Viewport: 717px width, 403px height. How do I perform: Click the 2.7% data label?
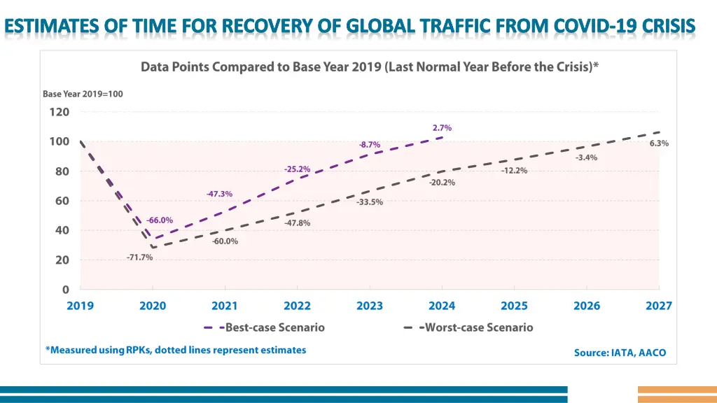[442, 128]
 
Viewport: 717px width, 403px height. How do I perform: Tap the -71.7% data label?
[139, 257]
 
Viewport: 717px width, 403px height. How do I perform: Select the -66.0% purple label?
[160, 220]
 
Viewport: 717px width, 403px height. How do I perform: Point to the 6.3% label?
[659, 143]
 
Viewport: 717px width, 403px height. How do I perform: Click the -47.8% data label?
[297, 223]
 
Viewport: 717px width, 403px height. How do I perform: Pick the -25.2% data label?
[297, 169]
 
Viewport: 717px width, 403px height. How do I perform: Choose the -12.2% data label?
[514, 171]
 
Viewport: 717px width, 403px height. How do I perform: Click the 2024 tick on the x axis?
[442, 306]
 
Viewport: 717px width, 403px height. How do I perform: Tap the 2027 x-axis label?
[658, 306]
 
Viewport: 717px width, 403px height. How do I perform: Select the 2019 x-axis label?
[81, 306]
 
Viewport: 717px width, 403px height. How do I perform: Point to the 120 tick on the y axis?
[60, 112]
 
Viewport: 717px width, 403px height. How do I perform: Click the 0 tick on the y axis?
[66, 289]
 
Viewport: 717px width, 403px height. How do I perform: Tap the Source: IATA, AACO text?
[620, 353]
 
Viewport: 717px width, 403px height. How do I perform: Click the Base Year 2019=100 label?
[83, 94]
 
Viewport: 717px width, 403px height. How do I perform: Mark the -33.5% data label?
[370, 202]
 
